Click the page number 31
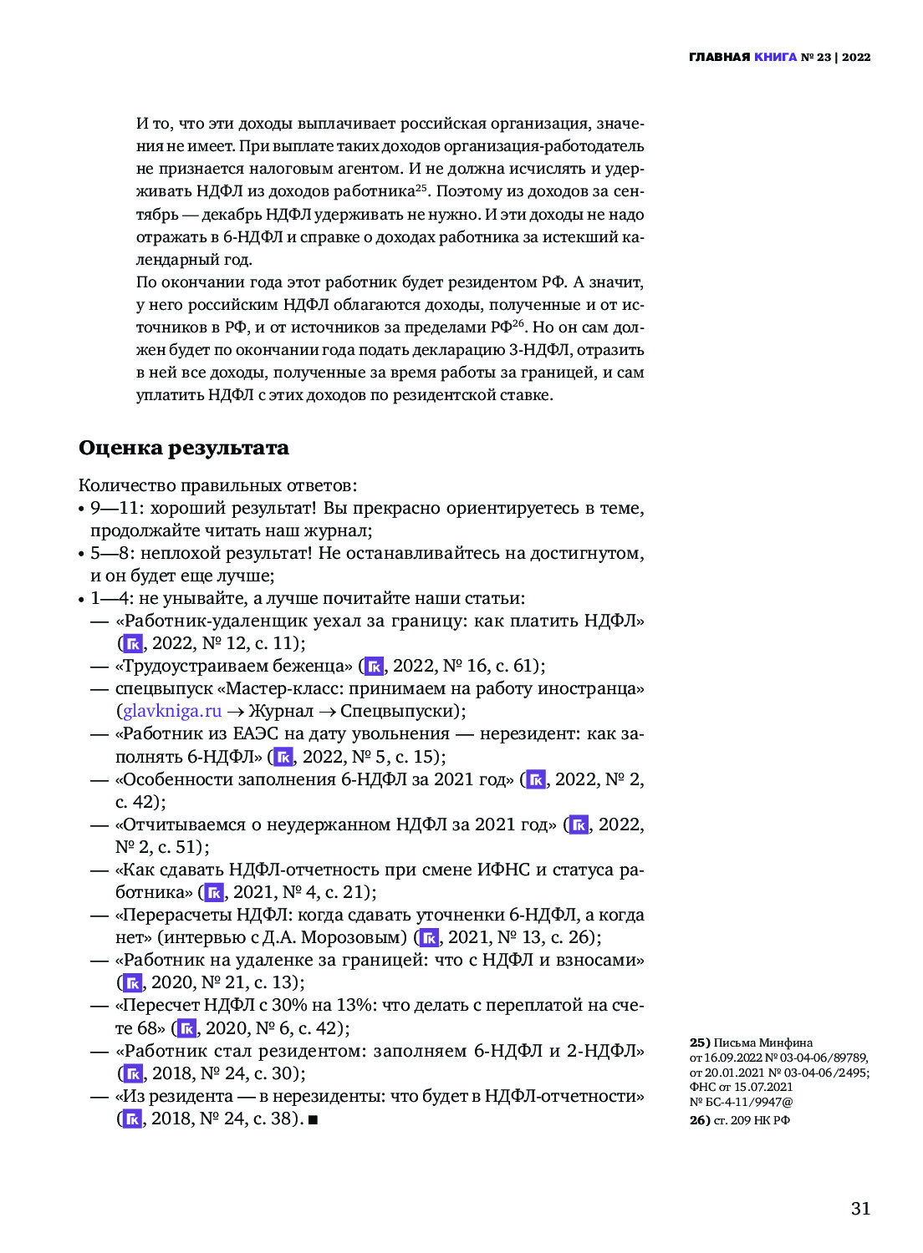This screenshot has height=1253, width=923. pyautogui.click(x=860, y=1208)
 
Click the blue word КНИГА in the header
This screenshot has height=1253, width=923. pyautogui.click(x=775, y=57)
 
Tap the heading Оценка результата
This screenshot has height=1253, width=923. pyautogui.click(x=184, y=448)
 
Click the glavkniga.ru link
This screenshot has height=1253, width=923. pyautogui.click(x=172, y=711)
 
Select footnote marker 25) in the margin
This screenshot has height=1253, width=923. pyautogui.click(x=700, y=1042)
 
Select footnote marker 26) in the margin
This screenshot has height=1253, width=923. pyautogui.click(x=700, y=1120)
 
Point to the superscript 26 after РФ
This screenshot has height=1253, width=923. pyautogui.click(x=518, y=323)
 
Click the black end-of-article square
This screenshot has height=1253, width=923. pyautogui.click(x=314, y=1119)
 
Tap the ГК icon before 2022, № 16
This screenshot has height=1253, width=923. pyautogui.click(x=374, y=666)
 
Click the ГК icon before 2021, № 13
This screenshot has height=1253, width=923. pyautogui.click(x=429, y=937)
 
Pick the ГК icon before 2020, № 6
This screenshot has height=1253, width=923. pyautogui.click(x=186, y=1028)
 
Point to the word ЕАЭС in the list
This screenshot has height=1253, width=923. pyautogui.click(x=262, y=733)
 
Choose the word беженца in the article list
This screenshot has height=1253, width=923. pyautogui.click(x=314, y=666)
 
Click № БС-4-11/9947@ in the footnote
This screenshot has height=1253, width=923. pyautogui.click(x=741, y=1102)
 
